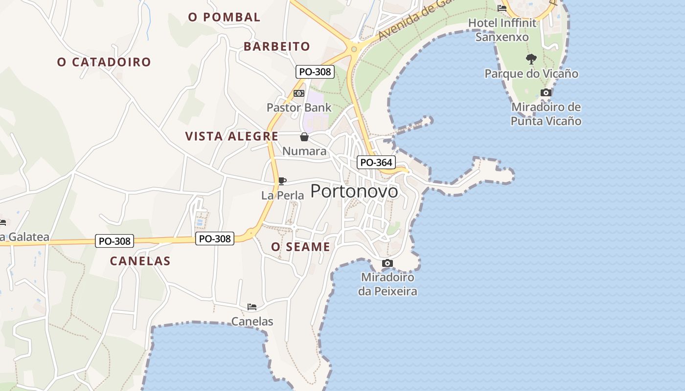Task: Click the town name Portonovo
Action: point(354,191)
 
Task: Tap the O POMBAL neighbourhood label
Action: point(224,17)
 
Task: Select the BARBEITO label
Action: point(277,46)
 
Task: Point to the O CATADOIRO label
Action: point(104,62)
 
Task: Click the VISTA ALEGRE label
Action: point(232,136)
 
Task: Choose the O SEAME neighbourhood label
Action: point(301,247)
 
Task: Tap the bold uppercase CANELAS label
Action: point(140,261)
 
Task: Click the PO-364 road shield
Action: point(376,162)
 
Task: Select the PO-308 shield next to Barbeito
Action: point(315,72)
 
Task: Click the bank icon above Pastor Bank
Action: point(299,93)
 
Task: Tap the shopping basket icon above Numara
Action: point(304,137)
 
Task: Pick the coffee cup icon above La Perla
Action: point(282,181)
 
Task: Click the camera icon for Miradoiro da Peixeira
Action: point(388,263)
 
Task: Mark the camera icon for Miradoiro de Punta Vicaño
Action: point(546,92)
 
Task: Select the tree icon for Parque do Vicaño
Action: point(531,59)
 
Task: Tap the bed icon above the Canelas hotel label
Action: point(252,307)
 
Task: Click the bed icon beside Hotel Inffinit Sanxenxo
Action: point(502,8)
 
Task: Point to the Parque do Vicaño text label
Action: point(531,74)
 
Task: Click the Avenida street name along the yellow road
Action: point(406,22)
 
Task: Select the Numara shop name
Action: point(304,151)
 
